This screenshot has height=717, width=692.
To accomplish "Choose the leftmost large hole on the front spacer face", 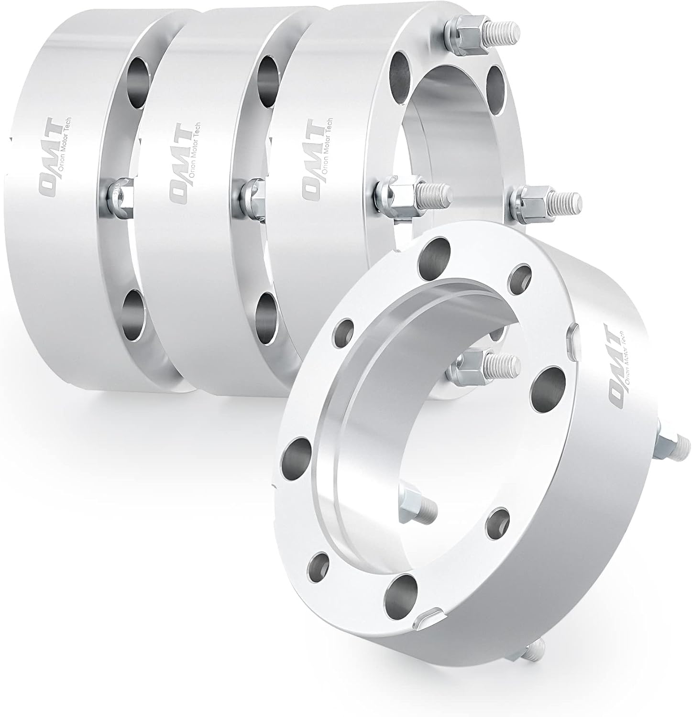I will coord(297,453).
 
